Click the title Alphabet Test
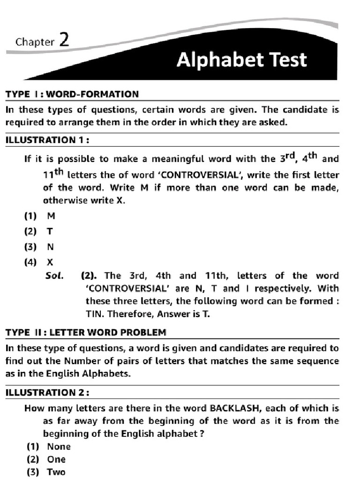241,60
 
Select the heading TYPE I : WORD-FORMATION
72,94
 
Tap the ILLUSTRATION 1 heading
47,140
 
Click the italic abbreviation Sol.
54,276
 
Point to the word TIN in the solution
94,314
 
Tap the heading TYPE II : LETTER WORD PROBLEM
86,332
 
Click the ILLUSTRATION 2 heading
48,392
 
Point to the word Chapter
35,42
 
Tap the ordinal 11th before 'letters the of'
53,174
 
